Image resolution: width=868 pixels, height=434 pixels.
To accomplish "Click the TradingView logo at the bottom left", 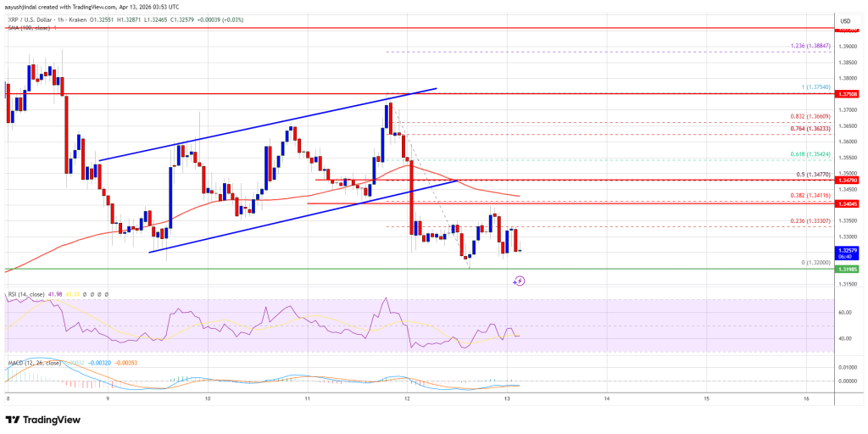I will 44,420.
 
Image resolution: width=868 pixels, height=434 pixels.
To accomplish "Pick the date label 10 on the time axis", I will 208,398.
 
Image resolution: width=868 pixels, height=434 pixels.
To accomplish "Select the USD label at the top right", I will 844,20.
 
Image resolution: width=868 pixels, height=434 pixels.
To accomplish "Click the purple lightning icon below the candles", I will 519,281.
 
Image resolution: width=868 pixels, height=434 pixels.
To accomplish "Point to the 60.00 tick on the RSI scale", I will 844,312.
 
